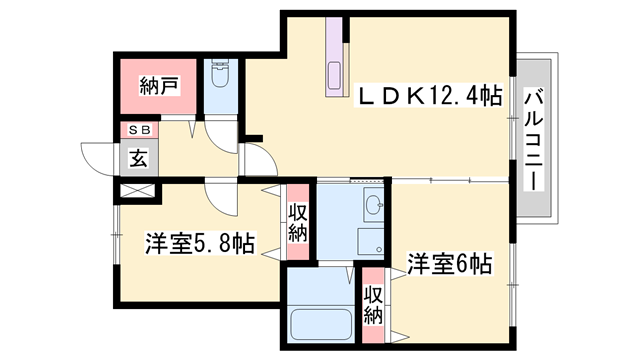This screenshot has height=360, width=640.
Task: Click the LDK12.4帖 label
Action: pyautogui.click(x=428, y=96)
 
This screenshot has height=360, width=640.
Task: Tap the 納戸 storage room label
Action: pyautogui.click(x=159, y=86)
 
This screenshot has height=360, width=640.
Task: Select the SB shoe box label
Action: pyautogui.click(x=140, y=130)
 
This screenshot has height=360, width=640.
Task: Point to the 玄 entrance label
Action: pyautogui.click(x=138, y=158)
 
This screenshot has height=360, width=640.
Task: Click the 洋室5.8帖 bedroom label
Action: pyautogui.click(x=200, y=243)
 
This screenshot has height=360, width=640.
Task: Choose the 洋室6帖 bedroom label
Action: pyautogui.click(x=449, y=264)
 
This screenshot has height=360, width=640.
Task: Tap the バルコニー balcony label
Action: pyautogui.click(x=534, y=141)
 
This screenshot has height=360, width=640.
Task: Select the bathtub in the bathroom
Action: pyautogui.click(x=321, y=324)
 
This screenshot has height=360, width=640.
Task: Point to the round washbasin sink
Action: pyautogui.click(x=373, y=204)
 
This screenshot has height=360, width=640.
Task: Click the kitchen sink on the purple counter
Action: pyautogui.click(x=335, y=75)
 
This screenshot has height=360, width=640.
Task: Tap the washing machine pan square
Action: pyautogui.click(x=371, y=241)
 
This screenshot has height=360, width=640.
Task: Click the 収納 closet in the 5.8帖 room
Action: pyautogui.click(x=298, y=222)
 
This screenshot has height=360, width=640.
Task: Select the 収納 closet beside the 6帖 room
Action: pyautogui.click(x=373, y=305)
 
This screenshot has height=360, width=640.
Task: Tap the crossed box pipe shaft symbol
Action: pyautogui.click(x=137, y=191)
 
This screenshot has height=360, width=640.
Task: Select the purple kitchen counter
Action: pyautogui.click(x=334, y=57)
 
